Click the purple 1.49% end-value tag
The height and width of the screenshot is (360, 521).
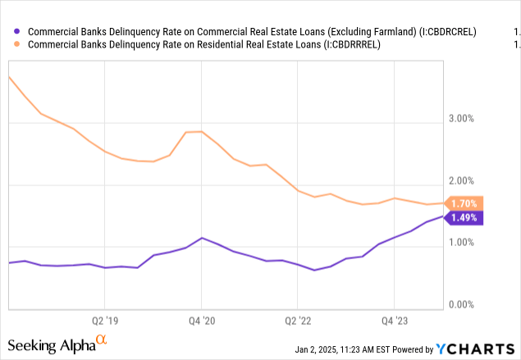(464, 217)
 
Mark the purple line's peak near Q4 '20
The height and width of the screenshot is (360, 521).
(202, 238)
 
